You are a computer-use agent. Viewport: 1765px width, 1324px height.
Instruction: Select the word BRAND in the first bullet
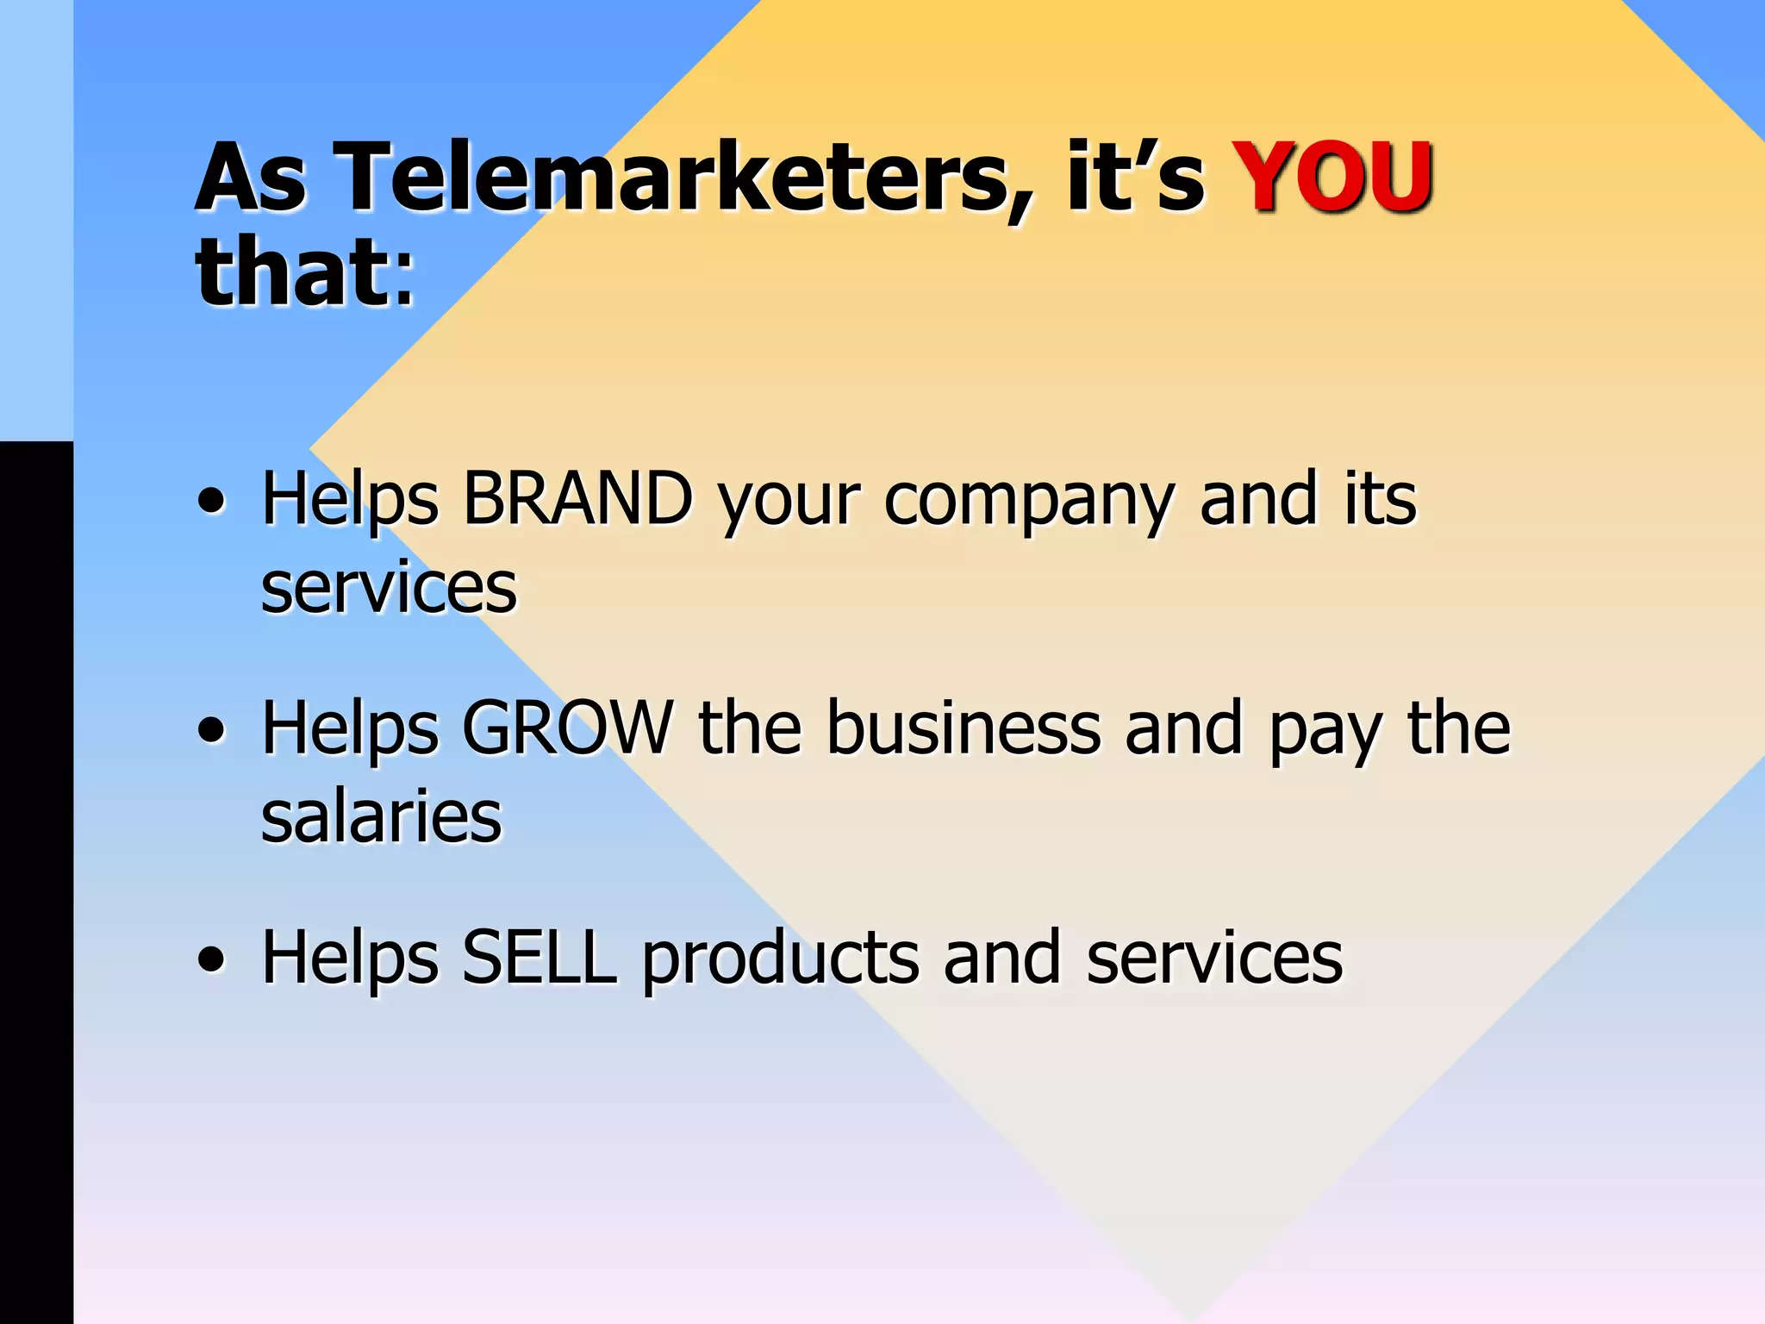(x=577, y=499)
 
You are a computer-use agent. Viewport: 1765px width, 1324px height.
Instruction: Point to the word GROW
(x=567, y=728)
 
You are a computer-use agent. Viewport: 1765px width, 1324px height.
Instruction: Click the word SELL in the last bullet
(x=539, y=958)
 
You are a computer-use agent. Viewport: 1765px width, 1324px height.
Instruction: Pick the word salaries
(x=381, y=816)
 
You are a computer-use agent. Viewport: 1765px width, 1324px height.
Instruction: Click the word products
(x=780, y=959)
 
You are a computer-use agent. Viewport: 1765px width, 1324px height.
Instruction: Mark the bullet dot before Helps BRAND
(x=212, y=503)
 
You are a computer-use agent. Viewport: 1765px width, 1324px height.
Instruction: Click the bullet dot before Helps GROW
(x=212, y=732)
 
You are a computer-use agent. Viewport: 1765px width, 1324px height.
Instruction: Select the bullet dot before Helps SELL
(x=212, y=959)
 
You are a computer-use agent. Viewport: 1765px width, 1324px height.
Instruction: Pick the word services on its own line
(x=389, y=588)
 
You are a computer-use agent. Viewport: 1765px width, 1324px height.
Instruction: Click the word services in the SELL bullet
(x=1213, y=958)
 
